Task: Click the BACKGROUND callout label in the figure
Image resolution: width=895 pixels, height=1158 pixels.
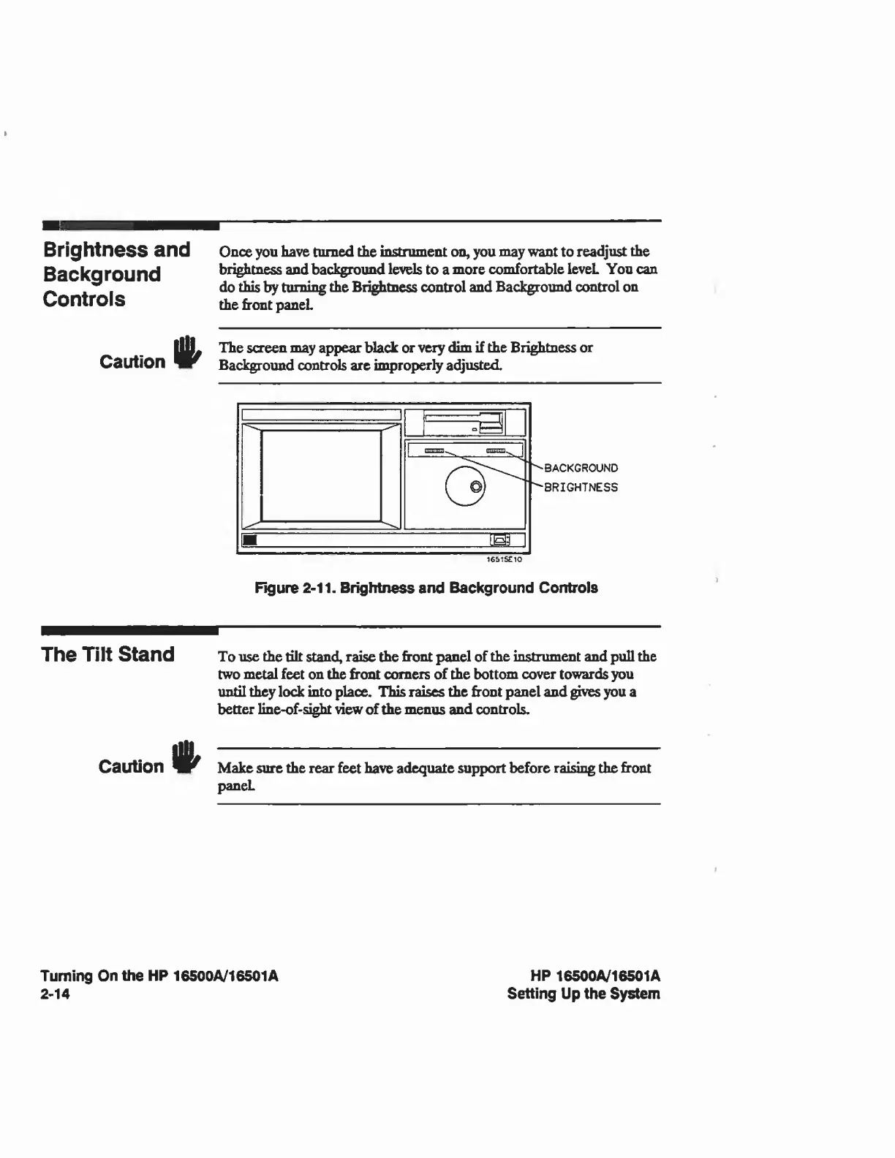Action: click(581, 468)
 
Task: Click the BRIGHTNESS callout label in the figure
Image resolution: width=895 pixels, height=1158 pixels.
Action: click(581, 488)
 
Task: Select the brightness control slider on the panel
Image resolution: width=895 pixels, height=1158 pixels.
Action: click(434, 451)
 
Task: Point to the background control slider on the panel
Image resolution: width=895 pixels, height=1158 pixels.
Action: click(496, 451)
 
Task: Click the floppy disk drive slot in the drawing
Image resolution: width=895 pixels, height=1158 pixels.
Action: click(465, 422)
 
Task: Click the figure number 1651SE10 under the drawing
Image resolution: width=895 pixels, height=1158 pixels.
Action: click(504, 560)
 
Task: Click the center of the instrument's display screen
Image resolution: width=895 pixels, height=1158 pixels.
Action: click(322, 476)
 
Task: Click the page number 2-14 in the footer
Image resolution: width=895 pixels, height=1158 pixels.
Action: click(56, 994)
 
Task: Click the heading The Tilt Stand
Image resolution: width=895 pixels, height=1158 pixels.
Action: click(108, 654)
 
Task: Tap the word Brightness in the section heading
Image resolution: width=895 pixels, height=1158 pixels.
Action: click(95, 250)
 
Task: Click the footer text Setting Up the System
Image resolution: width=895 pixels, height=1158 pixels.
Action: click(584, 994)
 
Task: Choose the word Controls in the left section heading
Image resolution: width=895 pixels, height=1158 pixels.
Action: click(84, 299)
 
